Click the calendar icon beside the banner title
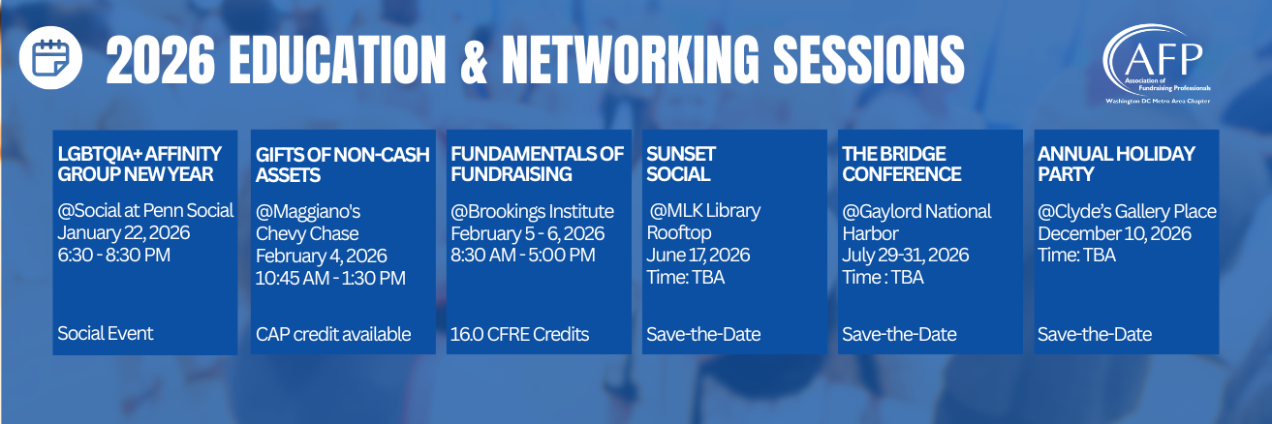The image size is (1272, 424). [50, 57]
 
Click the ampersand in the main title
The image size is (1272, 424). [474, 60]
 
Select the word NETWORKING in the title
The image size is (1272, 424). [631, 60]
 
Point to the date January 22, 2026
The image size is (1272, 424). [124, 232]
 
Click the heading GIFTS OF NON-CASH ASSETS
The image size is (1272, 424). [342, 165]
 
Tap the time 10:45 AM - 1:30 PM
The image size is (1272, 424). [330, 278]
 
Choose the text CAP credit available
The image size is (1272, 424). [333, 334]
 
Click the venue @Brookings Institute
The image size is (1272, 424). [532, 212]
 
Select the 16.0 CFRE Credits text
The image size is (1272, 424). [519, 334]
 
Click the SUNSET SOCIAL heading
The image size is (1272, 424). [681, 164]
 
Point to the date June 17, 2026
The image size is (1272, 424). [698, 255]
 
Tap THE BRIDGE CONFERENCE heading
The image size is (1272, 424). [902, 164]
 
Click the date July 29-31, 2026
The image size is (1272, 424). [905, 255]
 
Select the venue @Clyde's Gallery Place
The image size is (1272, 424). [1128, 212]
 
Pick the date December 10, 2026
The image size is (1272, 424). [1115, 233]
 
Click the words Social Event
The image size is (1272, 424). [105, 333]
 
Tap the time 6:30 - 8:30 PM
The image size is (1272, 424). [113, 255]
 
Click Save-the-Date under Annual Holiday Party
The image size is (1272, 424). [1095, 334]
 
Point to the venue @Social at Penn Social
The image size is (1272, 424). [145, 211]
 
